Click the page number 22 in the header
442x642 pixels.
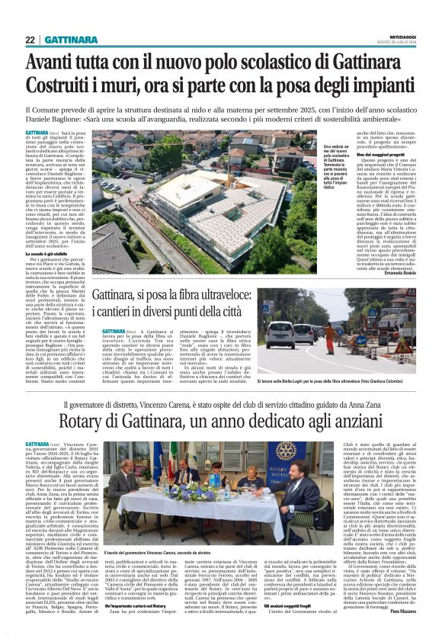(x=30, y=40)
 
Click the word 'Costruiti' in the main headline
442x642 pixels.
(x=60, y=85)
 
